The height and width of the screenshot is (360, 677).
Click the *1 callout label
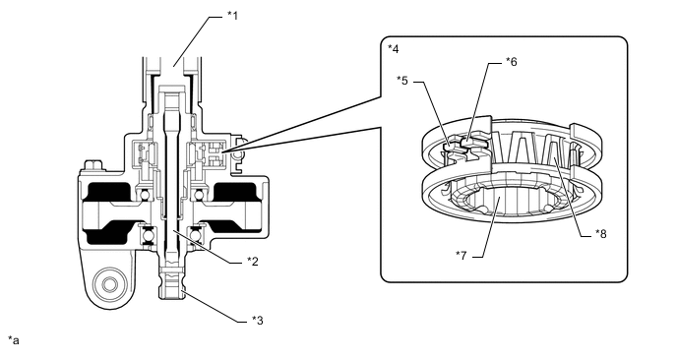232,16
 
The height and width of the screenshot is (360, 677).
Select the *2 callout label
253,262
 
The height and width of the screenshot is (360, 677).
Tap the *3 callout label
258,321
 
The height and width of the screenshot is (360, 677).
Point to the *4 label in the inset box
394,48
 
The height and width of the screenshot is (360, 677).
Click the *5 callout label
401,81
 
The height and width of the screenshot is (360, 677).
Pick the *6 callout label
512,62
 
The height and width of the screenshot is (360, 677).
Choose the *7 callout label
462,256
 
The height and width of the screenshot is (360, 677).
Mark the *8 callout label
601,233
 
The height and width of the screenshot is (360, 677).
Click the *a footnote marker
14,340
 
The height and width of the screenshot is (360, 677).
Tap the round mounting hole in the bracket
107,283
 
